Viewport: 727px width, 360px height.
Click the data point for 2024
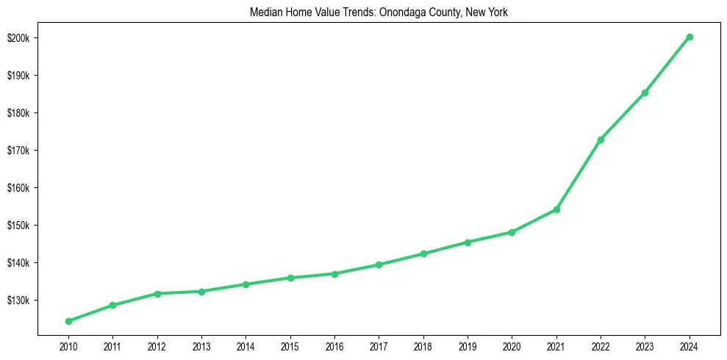(690, 37)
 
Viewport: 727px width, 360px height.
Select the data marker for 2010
(68, 321)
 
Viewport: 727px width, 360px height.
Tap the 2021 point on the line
(556, 209)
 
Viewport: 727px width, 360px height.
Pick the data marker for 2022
(601, 140)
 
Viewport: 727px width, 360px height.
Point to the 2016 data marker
(334, 274)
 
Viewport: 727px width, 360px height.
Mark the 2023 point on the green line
(645, 93)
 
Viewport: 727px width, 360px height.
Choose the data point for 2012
(157, 294)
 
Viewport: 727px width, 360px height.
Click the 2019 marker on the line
(468, 242)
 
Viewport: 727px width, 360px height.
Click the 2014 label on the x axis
(246, 345)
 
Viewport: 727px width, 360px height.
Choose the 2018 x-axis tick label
(423, 345)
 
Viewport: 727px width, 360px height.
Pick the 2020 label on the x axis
(512, 345)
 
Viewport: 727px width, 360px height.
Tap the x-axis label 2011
(112, 345)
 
